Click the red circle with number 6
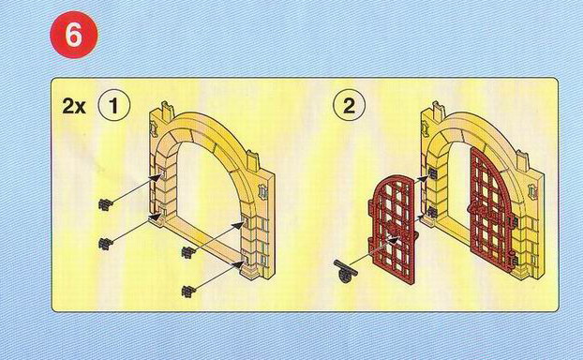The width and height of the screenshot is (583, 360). (74, 35)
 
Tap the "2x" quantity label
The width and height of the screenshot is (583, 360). (74, 106)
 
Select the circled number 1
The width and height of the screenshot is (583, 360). (113, 106)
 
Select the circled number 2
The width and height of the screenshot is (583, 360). (349, 106)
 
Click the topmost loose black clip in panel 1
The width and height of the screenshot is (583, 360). (106, 204)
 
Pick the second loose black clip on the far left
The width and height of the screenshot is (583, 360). (106, 243)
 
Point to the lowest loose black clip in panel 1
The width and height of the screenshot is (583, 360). (189, 292)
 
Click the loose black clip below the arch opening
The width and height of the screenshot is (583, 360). (189, 252)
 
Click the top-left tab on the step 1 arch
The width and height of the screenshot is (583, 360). (167, 112)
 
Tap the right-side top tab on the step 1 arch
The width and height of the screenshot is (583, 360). (252, 160)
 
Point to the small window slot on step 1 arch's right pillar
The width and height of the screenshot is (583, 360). (263, 191)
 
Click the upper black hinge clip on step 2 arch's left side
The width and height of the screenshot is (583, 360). (432, 172)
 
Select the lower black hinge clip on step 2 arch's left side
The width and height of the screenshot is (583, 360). (432, 213)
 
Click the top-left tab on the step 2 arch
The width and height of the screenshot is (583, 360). (439, 111)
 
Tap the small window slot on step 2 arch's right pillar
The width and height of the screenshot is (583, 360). (533, 191)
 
